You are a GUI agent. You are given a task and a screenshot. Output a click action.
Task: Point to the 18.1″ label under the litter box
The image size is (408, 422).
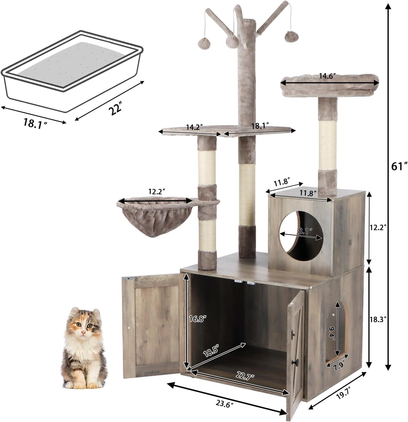pyautogui.click(x=35, y=124)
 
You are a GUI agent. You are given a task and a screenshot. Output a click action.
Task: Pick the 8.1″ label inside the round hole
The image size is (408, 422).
pyautogui.click(x=304, y=230)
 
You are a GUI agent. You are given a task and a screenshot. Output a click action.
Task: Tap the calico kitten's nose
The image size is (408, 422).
pyautogui.click(x=83, y=332)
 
